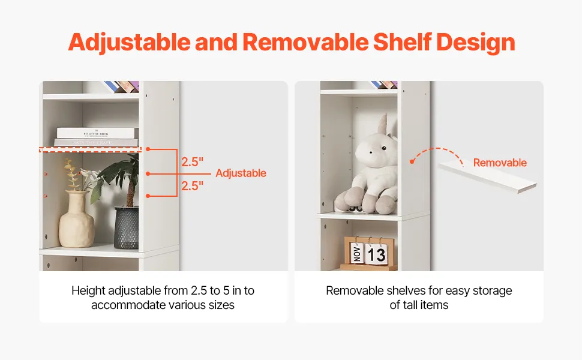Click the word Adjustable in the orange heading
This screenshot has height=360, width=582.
point(129,43)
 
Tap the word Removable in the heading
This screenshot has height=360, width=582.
point(306,42)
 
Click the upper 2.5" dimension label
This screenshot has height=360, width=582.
point(192,162)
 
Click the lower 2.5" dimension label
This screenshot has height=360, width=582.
point(192,185)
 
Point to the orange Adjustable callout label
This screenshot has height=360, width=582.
point(241,173)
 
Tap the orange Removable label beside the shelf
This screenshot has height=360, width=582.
point(500,163)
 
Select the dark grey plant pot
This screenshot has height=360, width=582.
point(126,228)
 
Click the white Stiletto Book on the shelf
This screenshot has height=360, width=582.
point(96,133)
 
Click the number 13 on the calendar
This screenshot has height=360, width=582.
point(377,254)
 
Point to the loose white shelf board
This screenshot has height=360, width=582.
point(487,178)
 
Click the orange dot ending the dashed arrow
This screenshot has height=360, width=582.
point(412,161)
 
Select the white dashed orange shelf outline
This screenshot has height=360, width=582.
point(90,149)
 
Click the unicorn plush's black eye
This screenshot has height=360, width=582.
point(384,148)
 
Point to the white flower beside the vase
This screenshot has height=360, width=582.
point(86,173)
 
